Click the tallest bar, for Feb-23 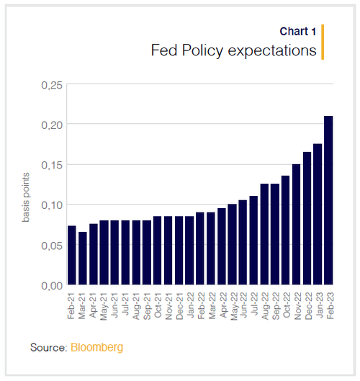coord(328,200)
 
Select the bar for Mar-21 coord(83,258)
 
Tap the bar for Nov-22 coord(297,224)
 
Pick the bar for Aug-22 coord(264,234)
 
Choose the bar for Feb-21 coord(72,255)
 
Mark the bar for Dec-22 coord(307,218)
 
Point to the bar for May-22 coord(233,244)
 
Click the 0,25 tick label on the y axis coord(52,85)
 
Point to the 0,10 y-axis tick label coord(52,205)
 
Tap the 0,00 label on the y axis coord(52,286)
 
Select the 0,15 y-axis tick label coord(52,165)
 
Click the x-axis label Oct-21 coord(158,305)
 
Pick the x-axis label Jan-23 coord(318,305)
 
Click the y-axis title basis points coord(25,197)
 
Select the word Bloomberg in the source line coord(96,347)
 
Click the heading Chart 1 coord(298,32)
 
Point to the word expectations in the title coord(272,50)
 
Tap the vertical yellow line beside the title coord(323,42)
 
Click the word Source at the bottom coord(48,347)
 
